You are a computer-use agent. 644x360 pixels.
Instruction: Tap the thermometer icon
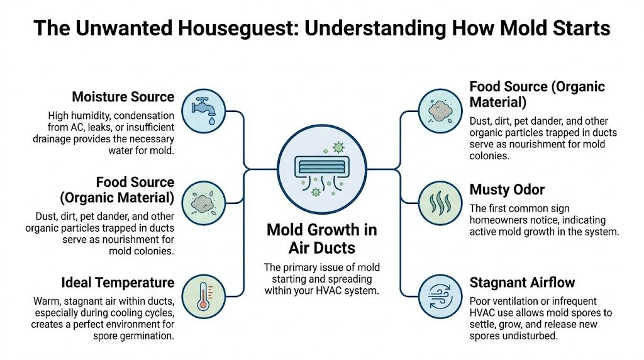(x=203, y=295)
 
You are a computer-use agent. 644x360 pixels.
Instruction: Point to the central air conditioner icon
(x=321, y=166)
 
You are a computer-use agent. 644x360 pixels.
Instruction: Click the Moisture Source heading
(x=123, y=97)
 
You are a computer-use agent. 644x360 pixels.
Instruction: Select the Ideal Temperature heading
(x=118, y=282)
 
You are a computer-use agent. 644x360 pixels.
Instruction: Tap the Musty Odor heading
(x=507, y=189)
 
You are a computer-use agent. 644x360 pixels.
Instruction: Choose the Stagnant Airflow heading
(x=522, y=282)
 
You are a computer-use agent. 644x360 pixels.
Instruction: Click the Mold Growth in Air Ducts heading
(x=321, y=238)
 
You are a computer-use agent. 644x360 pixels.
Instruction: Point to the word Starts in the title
(x=575, y=28)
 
